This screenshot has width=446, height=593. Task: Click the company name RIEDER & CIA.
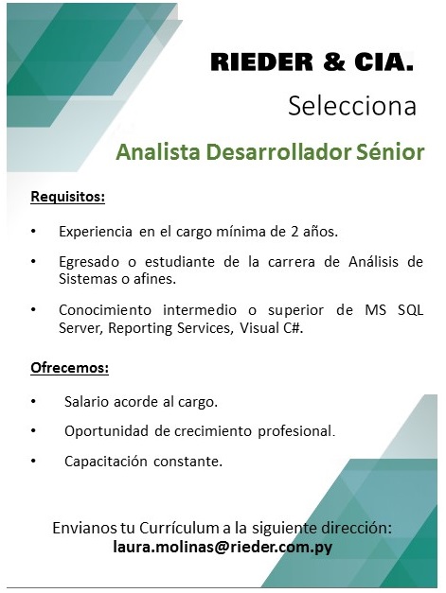pos(312,62)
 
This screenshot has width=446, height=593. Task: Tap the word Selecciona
pos(352,106)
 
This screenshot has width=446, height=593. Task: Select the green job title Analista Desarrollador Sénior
pos(270,152)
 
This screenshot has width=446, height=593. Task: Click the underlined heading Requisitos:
pos(68,197)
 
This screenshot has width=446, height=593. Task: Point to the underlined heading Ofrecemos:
pos(70,368)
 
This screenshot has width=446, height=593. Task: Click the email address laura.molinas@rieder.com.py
pos(223,548)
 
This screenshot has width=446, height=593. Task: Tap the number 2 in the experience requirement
pos(294,232)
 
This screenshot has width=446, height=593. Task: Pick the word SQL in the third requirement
pos(410,310)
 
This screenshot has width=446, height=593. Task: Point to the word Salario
pos(87,402)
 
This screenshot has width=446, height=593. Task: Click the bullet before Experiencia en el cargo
pos(34,231)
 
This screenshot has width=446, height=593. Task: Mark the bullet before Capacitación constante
pos(34,461)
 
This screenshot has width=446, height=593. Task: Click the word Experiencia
pos(96,232)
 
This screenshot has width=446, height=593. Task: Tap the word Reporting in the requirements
pos(140,328)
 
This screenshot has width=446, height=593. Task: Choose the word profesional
pos(296,431)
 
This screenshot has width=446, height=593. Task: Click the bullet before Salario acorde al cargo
pos(34,401)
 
